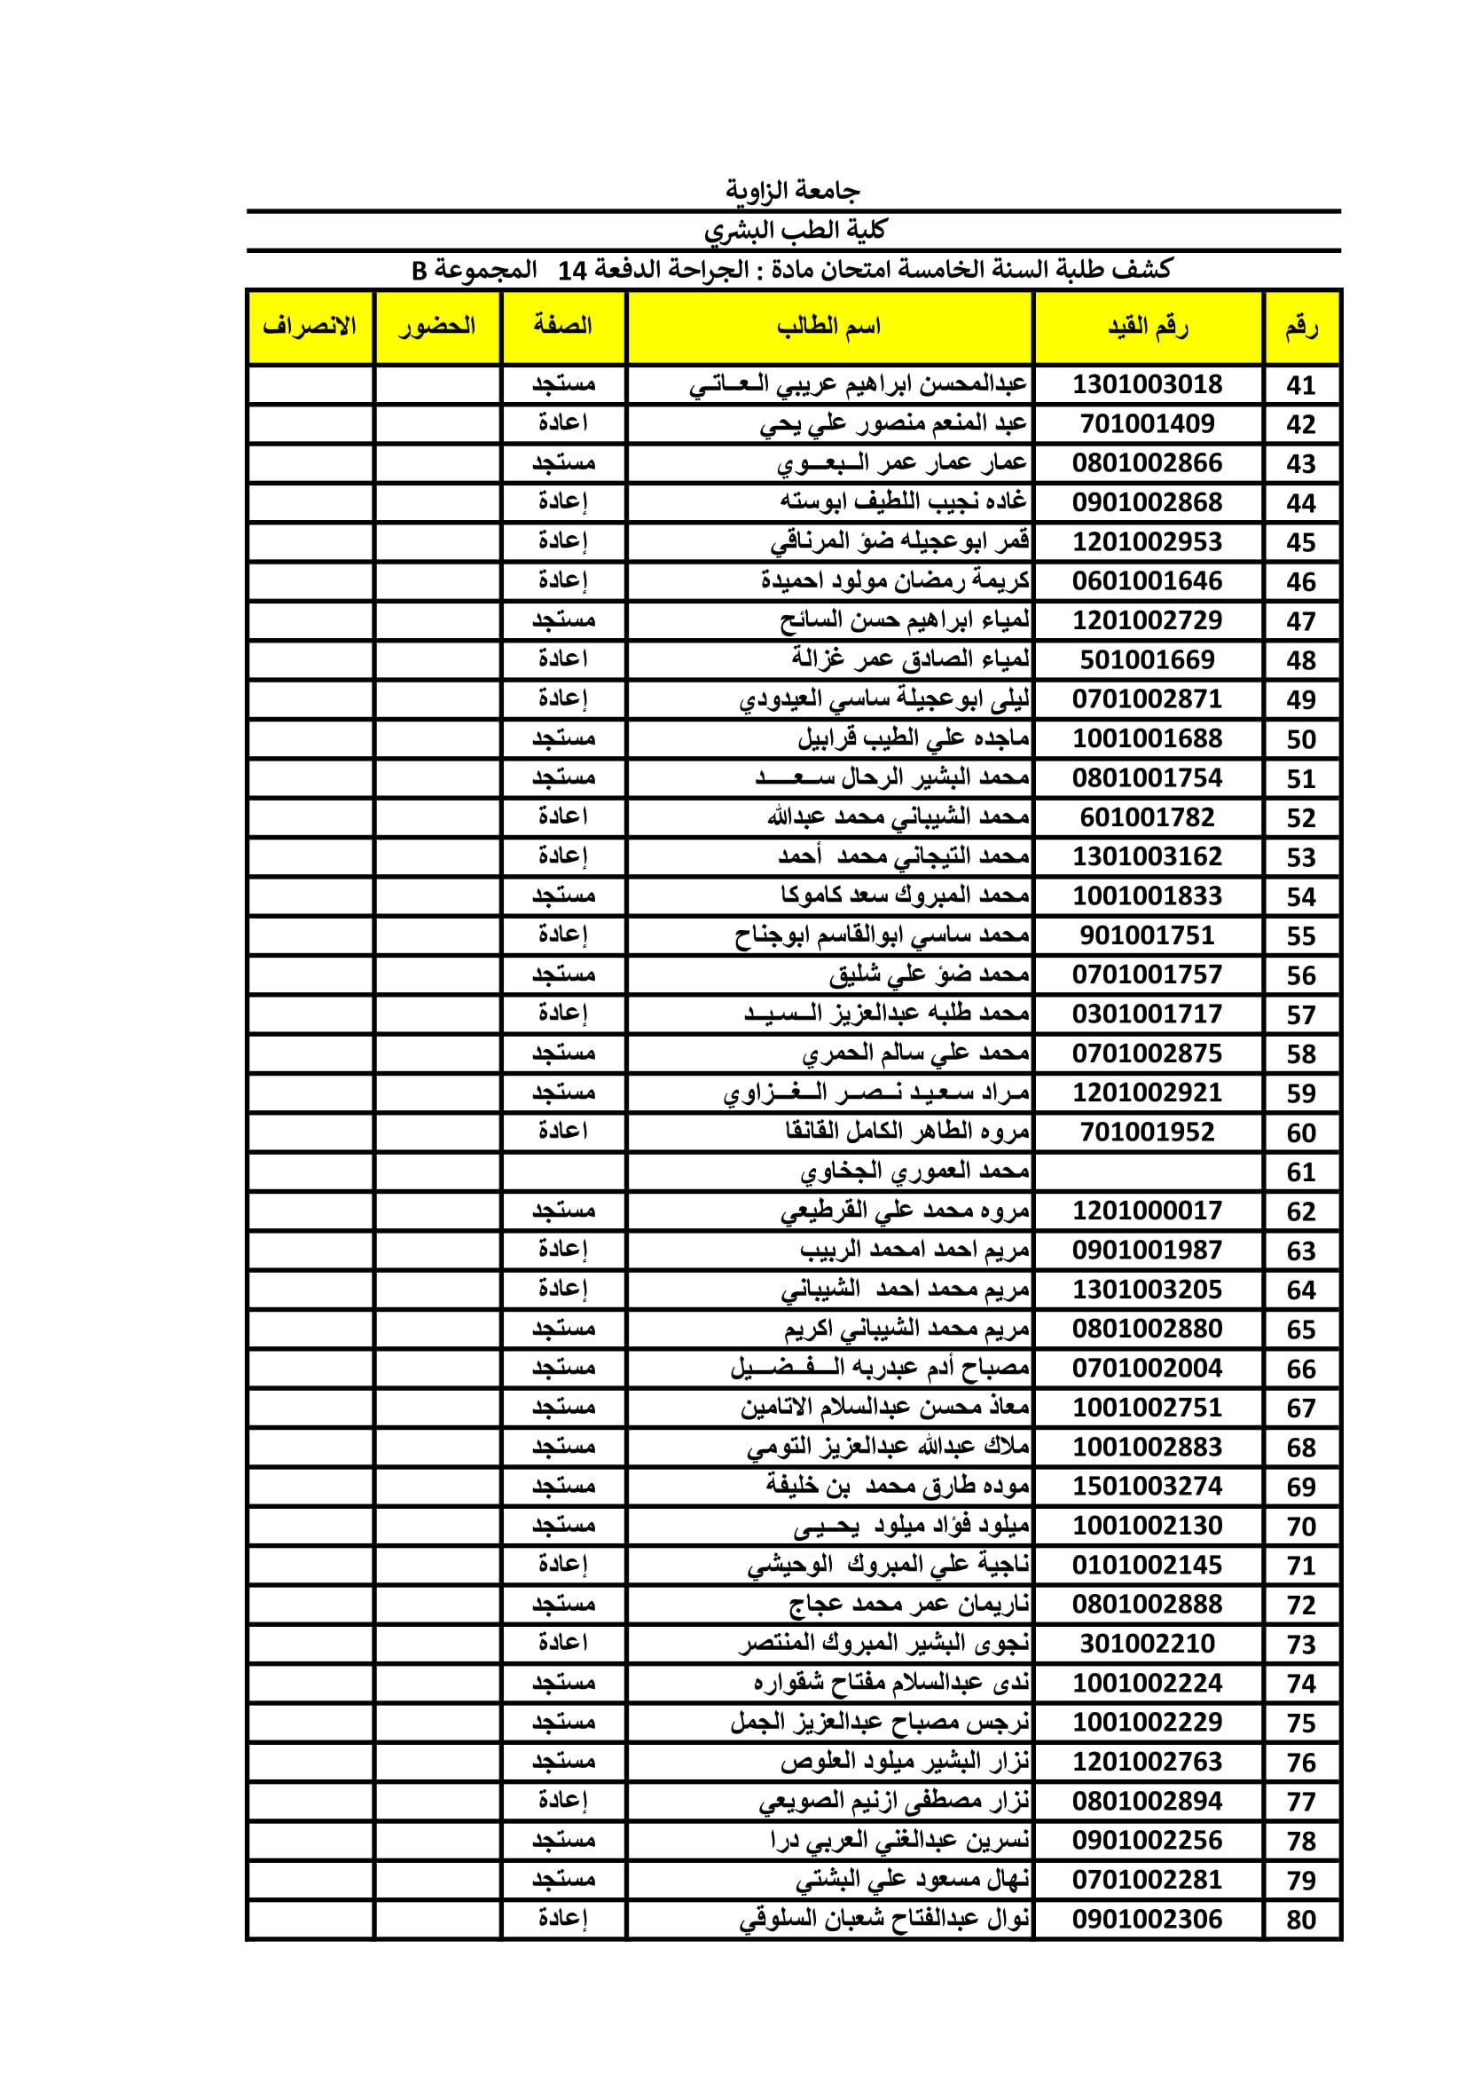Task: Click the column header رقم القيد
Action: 1147,327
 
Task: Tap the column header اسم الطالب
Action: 828,327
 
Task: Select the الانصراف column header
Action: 309,327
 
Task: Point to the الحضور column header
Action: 437,327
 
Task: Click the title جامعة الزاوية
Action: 792,191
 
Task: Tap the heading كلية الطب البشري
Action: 795,231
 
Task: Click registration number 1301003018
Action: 1147,385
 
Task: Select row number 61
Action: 1301,1172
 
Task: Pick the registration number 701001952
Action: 1147,1132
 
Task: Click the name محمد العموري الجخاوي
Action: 914,1172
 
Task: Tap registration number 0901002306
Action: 1147,1920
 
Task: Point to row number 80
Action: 1301,1920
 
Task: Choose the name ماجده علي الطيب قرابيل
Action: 914,739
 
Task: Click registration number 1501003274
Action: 1147,1487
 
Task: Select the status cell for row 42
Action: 563,424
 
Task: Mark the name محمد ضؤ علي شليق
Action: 929,975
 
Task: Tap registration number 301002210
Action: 1147,1644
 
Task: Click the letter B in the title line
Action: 420,270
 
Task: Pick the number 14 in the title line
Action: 573,270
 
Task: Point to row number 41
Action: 1301,385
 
